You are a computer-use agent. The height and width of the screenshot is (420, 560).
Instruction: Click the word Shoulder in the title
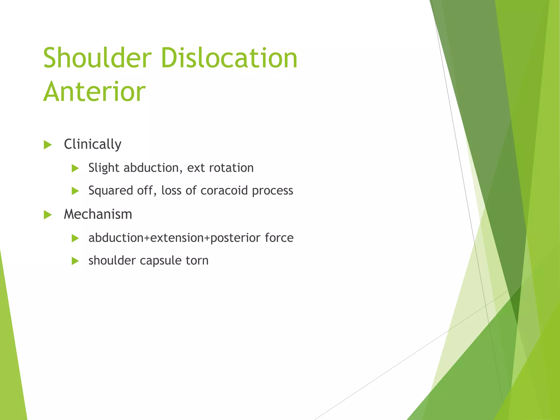[97, 58]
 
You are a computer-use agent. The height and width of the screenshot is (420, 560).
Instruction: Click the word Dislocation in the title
[229, 58]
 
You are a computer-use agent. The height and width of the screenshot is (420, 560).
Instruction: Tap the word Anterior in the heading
[94, 92]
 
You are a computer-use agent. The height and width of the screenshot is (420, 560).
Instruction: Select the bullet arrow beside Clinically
[48, 145]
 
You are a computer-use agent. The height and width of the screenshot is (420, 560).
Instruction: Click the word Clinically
[92, 144]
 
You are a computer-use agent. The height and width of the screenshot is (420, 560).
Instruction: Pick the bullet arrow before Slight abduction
[75, 168]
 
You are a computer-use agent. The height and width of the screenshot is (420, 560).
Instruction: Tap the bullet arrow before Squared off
[75, 191]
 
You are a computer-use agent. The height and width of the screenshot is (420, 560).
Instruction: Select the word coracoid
[224, 190]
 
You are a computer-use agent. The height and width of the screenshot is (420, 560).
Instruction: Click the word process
[272, 191]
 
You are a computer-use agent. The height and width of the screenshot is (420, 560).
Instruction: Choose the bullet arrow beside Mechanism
[48, 215]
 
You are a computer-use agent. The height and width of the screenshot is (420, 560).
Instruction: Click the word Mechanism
[98, 214]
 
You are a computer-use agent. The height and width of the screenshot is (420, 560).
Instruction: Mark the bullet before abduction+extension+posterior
[75, 238]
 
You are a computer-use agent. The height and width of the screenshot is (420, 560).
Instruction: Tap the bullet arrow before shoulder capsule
[75, 261]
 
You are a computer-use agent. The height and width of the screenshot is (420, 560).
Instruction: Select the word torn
[197, 260]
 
